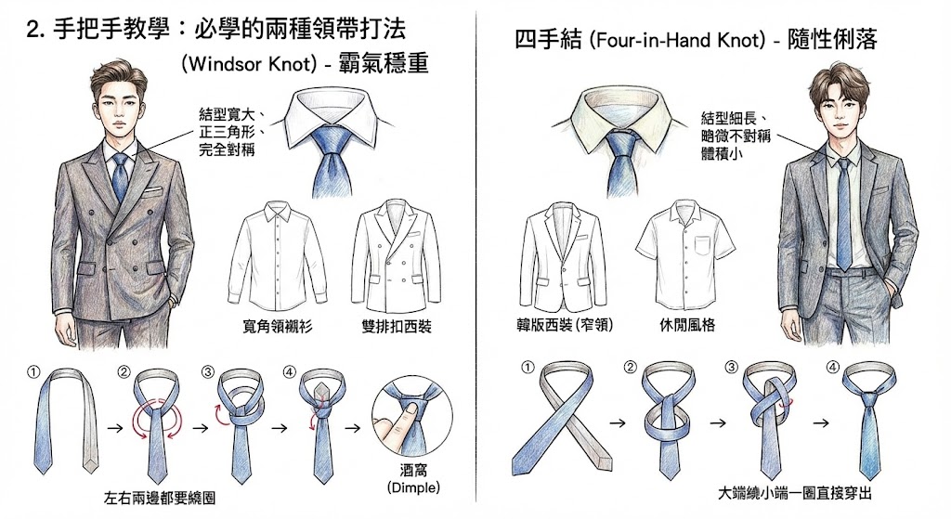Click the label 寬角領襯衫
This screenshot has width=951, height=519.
[x=279, y=327]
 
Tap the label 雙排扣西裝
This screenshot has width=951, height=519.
[x=396, y=327]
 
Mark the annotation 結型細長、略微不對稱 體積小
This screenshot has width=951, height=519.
[x=733, y=136]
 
